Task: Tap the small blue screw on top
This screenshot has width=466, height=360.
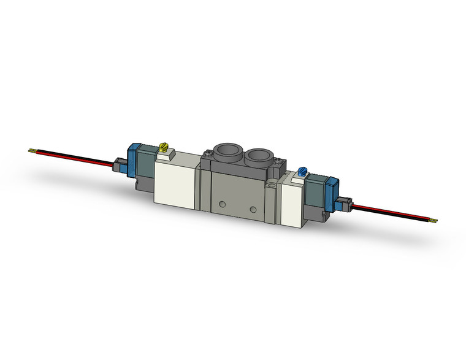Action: (x=301, y=170)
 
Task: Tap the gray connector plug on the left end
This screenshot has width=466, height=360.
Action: (x=120, y=164)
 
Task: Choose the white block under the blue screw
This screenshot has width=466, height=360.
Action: (x=293, y=196)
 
